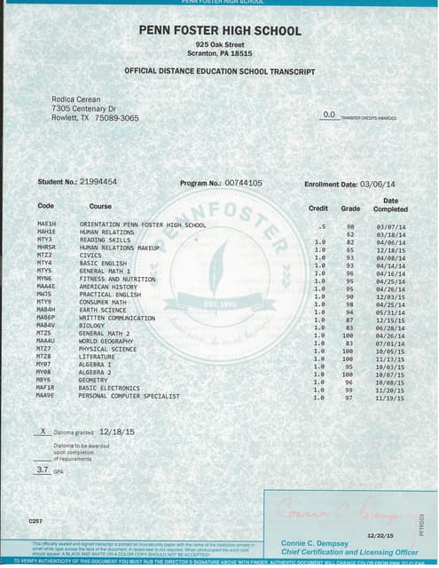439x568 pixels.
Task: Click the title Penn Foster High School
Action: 220,30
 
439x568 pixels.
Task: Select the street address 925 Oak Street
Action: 220,43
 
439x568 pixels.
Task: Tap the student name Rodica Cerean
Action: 76,99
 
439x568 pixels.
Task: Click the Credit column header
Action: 317,209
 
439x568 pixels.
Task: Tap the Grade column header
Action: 351,209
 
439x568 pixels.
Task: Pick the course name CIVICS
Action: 91,256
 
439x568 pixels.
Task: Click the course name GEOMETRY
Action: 94,380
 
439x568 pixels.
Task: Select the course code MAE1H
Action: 45,225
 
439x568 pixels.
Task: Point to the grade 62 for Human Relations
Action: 350,233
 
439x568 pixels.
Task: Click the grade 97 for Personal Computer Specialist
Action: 349,397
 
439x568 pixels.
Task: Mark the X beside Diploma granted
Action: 43,430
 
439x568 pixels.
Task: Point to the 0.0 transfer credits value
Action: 329,114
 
